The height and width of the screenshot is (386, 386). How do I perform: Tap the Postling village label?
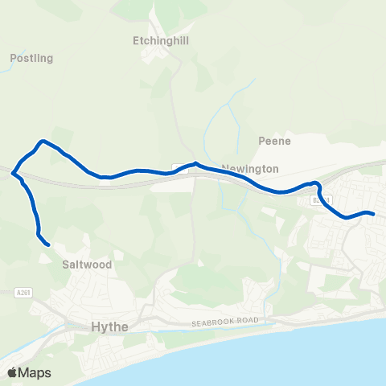[x=31, y=58]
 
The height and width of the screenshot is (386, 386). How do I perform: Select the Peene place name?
[x=273, y=141]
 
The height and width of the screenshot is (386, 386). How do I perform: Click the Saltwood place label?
[x=86, y=263]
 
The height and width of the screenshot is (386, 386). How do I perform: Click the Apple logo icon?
[x=12, y=372]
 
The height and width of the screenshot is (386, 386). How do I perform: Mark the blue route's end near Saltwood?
[x=48, y=244]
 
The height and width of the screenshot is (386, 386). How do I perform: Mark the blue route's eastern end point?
[x=374, y=213]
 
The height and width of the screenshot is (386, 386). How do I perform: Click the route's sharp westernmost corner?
[x=12, y=171]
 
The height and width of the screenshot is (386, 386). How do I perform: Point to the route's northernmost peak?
[x=43, y=142]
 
